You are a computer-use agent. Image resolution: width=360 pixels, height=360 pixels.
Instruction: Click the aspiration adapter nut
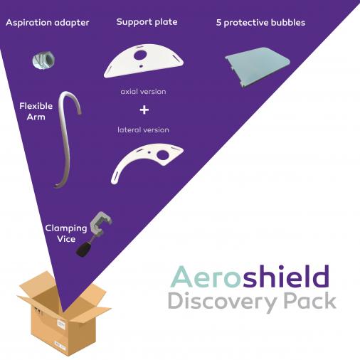point(43,60)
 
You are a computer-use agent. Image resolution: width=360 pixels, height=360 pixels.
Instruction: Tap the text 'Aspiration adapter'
point(48,23)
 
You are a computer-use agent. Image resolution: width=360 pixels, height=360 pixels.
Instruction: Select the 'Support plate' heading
point(147,22)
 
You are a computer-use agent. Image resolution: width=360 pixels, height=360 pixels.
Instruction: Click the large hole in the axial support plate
point(140,55)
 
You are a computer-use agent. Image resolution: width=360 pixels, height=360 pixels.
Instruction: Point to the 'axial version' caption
point(143,92)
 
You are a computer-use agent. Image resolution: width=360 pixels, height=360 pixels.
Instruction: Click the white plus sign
point(144,110)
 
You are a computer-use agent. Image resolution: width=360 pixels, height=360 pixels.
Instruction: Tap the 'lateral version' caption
point(143,129)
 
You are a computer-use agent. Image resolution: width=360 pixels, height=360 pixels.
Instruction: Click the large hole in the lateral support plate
point(163,155)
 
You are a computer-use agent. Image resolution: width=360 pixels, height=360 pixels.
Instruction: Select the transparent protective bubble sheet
point(258,67)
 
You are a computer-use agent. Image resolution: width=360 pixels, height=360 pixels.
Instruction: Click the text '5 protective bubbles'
point(260,23)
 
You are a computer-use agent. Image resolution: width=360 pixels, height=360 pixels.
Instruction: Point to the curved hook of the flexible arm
point(70,100)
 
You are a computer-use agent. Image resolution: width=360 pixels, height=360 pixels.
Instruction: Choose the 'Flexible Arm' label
point(36,111)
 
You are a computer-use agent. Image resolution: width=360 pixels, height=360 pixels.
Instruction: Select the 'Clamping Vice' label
point(66,233)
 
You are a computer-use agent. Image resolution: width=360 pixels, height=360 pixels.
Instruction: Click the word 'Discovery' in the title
point(223,302)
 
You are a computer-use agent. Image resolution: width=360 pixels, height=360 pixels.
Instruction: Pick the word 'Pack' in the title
point(310,300)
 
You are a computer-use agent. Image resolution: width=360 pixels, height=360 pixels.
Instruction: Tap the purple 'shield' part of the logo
point(286,275)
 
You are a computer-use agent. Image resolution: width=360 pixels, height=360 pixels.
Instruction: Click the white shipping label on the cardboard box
point(61,324)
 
